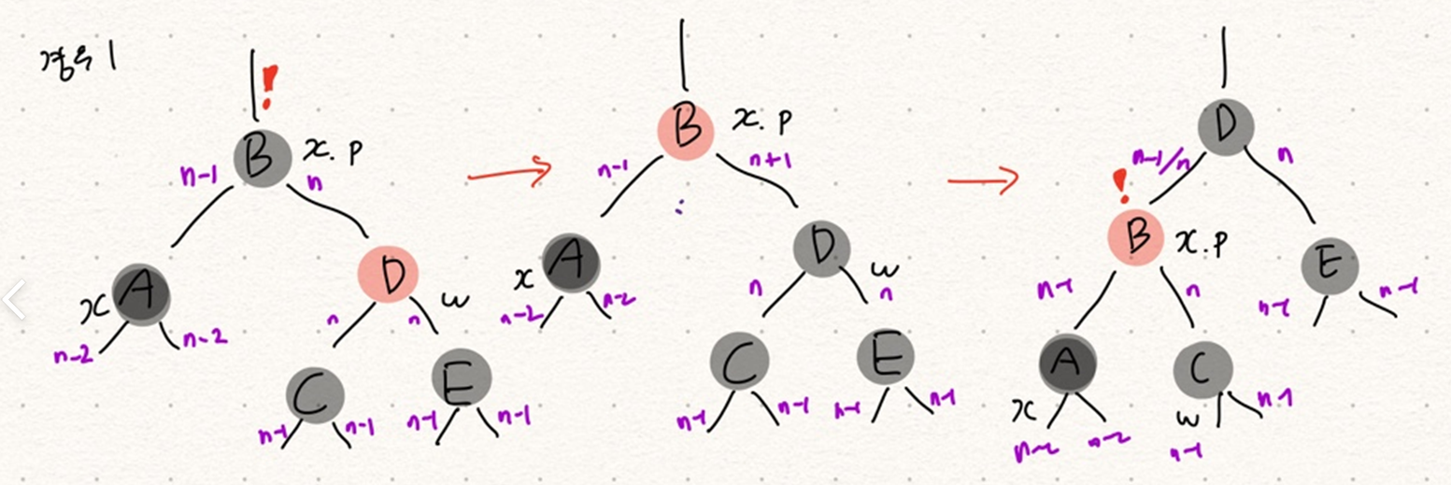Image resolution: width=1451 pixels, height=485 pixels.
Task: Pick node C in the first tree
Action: tap(314, 394)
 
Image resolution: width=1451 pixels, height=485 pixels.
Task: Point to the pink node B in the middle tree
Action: tap(686, 128)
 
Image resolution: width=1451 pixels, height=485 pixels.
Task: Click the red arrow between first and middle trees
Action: tap(509, 171)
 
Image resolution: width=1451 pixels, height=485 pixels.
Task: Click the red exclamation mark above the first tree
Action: tap(270, 87)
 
